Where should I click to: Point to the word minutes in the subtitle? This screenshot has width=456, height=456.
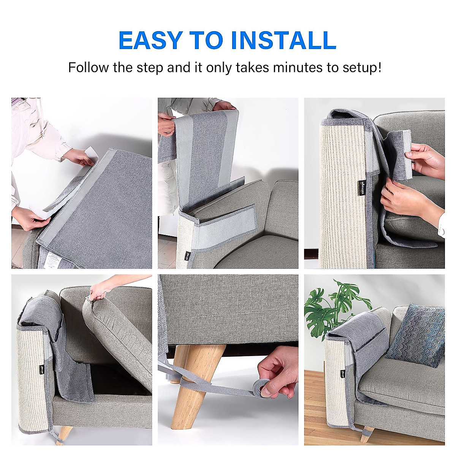[297, 68]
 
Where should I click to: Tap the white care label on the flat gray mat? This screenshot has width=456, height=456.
[53, 262]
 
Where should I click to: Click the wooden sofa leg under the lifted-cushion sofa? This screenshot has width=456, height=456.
[63, 435]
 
